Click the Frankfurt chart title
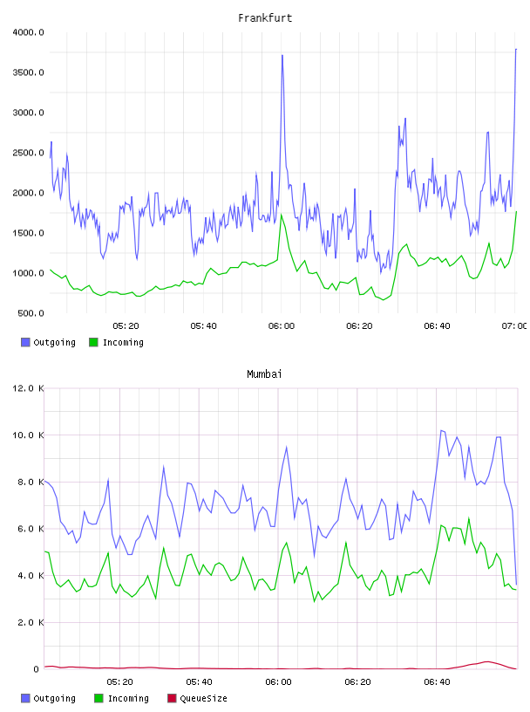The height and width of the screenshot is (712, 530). [x=265, y=18]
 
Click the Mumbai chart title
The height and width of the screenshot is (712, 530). [x=264, y=374]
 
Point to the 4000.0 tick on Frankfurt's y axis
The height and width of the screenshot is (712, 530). [x=28, y=32]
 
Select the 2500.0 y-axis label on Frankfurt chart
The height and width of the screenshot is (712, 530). [x=28, y=153]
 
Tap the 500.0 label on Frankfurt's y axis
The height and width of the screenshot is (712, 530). [x=31, y=313]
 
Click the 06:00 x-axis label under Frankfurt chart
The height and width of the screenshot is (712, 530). [x=282, y=326]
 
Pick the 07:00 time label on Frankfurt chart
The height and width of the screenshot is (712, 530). [x=514, y=326]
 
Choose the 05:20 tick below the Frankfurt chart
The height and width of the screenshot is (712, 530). [x=126, y=326]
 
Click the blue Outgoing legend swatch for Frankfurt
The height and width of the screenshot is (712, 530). [x=25, y=342]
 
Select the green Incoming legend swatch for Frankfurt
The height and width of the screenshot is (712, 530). [x=93, y=342]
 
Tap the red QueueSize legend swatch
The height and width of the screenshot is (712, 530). [x=172, y=698]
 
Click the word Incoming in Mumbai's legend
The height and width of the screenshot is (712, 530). [x=128, y=698]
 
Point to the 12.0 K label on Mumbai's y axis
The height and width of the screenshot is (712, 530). [x=28, y=388]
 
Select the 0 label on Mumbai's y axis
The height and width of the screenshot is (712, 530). [x=37, y=669]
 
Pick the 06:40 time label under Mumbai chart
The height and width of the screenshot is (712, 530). [x=437, y=682]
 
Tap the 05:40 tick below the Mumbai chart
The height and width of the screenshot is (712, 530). [x=199, y=682]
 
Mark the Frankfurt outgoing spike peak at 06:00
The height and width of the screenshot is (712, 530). [x=282, y=55]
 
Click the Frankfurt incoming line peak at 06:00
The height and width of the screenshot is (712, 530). [x=282, y=215]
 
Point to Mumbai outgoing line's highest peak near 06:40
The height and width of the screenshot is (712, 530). [x=441, y=430]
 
